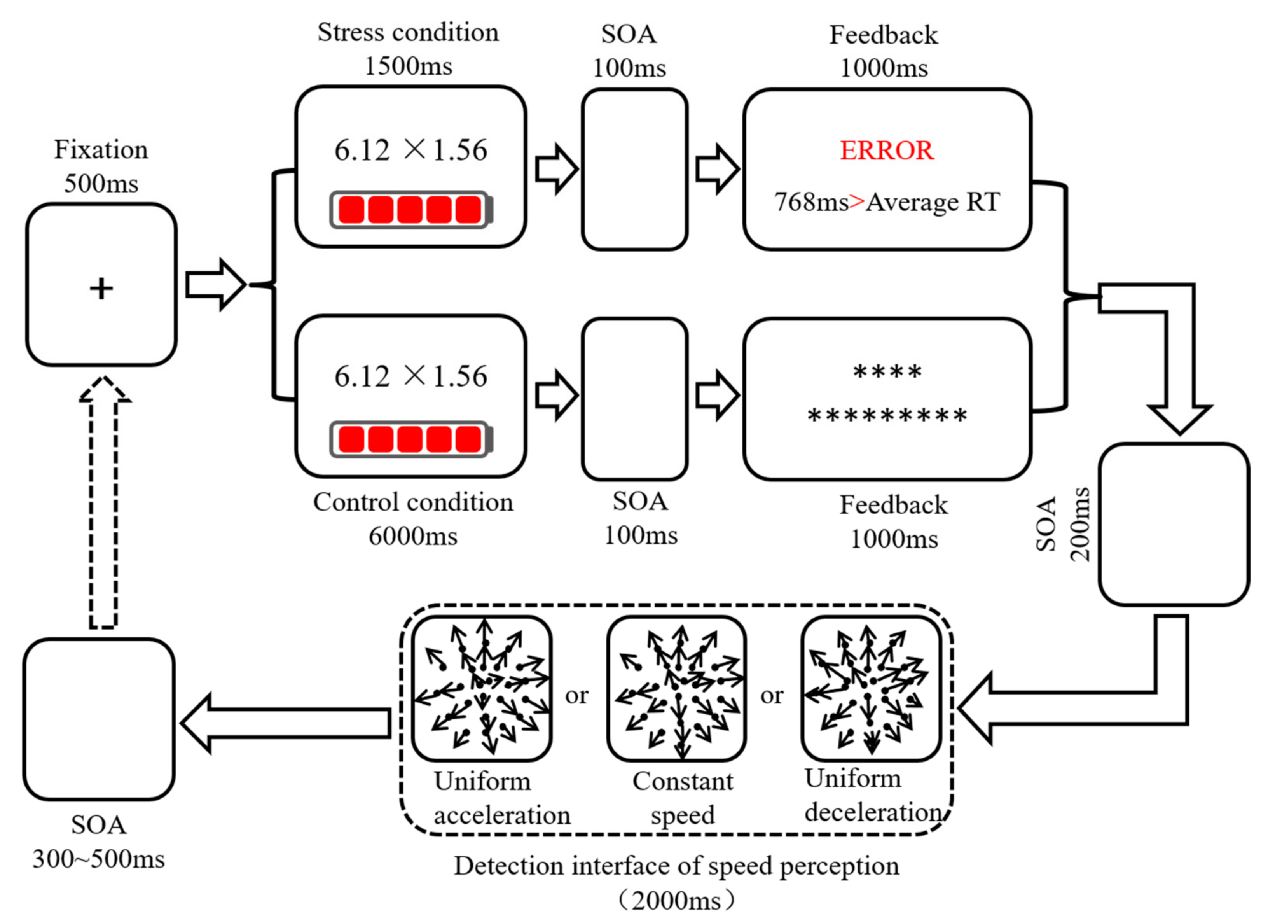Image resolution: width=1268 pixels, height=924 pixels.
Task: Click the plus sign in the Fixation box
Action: [101, 289]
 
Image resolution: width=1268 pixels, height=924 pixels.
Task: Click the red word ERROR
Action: [887, 150]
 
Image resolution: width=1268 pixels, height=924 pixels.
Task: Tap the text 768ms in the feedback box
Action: [810, 202]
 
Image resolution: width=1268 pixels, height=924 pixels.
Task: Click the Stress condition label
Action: [408, 32]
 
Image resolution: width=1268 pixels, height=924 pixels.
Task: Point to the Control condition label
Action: [412, 502]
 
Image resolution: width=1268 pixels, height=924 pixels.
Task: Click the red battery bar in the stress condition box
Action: [410, 210]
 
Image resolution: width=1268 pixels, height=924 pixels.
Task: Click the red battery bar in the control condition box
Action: [410, 439]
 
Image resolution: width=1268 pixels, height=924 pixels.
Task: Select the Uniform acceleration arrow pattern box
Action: [482, 689]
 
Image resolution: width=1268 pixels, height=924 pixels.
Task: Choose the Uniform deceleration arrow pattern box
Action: [871, 689]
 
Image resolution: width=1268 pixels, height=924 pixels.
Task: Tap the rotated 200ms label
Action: [1079, 524]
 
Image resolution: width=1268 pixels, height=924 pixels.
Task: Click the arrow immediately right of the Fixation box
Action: [215, 285]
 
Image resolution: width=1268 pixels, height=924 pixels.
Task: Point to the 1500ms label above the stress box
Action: [408, 66]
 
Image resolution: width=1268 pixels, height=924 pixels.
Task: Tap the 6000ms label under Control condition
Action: [412, 536]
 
